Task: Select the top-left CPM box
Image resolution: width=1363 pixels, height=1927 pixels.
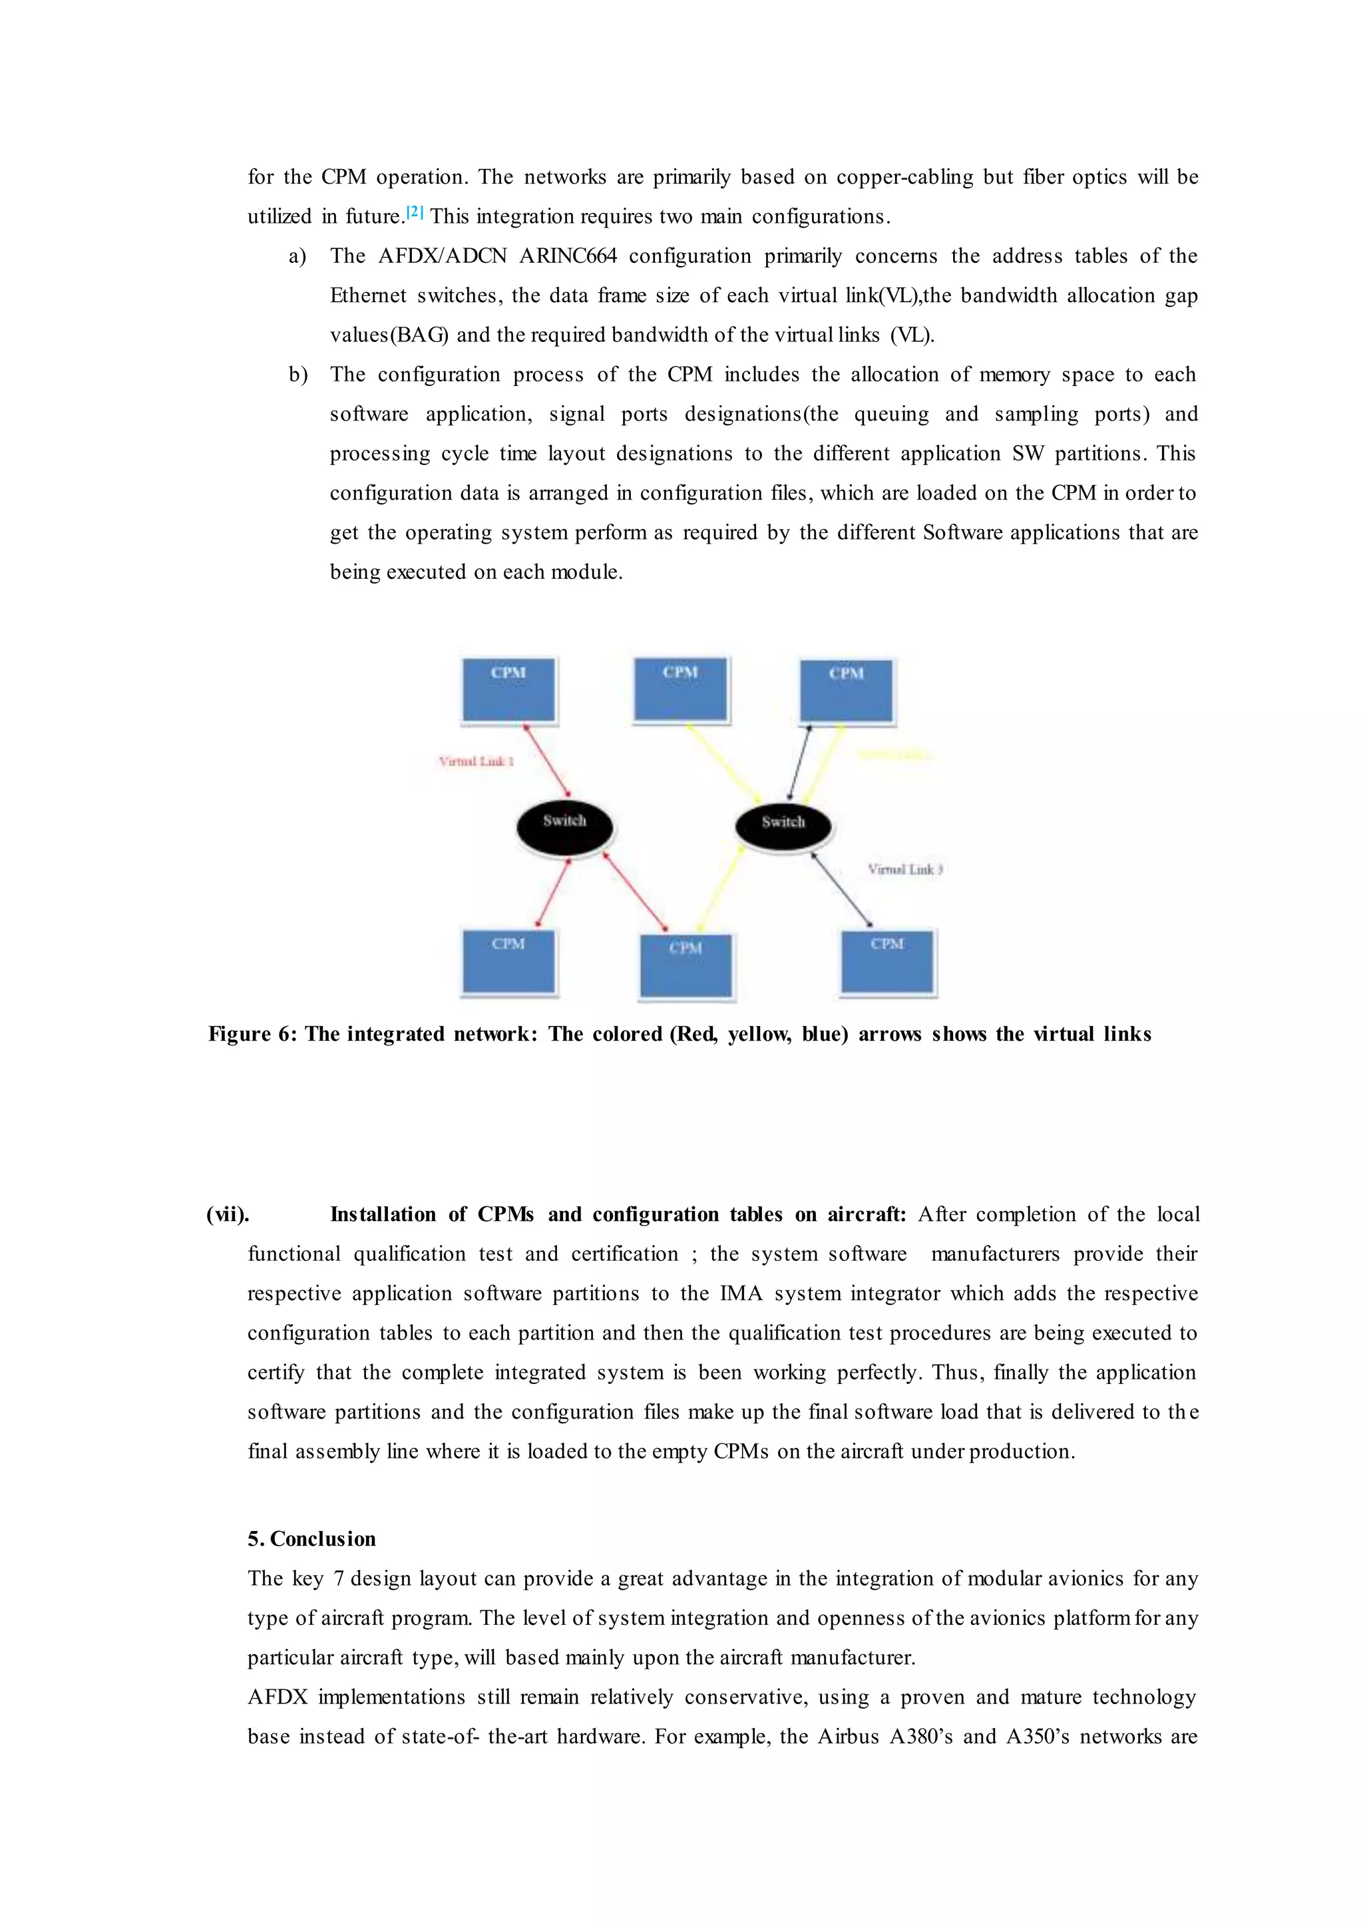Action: pos(508,690)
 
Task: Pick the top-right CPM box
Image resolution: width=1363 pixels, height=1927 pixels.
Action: pos(846,691)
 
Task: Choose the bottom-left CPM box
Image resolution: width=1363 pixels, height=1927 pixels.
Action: pos(508,961)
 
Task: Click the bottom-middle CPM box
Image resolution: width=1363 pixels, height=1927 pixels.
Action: pos(685,966)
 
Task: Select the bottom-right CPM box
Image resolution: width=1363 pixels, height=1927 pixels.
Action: pos(887,961)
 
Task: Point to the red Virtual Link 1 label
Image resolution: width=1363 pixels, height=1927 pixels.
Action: pos(476,761)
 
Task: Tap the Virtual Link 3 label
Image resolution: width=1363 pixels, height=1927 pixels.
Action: pos(904,870)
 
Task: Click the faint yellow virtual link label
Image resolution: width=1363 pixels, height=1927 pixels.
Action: pos(894,755)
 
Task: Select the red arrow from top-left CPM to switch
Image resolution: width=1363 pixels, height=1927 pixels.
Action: pos(546,761)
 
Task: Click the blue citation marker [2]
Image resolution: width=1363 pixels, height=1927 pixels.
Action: pos(415,212)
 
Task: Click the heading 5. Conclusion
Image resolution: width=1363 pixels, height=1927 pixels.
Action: pos(311,1538)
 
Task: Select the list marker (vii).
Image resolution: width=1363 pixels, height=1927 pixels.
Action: pos(228,1214)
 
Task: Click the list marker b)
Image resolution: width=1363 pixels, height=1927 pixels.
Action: pos(298,375)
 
